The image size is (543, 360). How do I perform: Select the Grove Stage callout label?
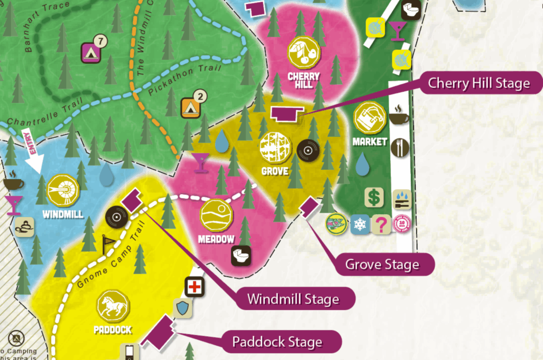click(x=382, y=264)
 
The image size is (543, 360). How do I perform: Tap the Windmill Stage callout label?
click(x=293, y=298)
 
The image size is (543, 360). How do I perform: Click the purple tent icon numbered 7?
click(x=91, y=51)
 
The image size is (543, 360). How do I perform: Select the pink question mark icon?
click(x=380, y=224)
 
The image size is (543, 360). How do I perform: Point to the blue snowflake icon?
click(x=360, y=224)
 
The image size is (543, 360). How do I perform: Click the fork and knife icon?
click(x=400, y=147)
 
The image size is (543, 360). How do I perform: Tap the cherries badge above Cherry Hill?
click(x=304, y=52)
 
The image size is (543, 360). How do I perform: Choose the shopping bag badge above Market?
click(x=370, y=118)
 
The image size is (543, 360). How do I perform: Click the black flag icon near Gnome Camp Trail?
click(x=108, y=243)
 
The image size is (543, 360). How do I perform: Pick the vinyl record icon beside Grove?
click(x=307, y=151)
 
